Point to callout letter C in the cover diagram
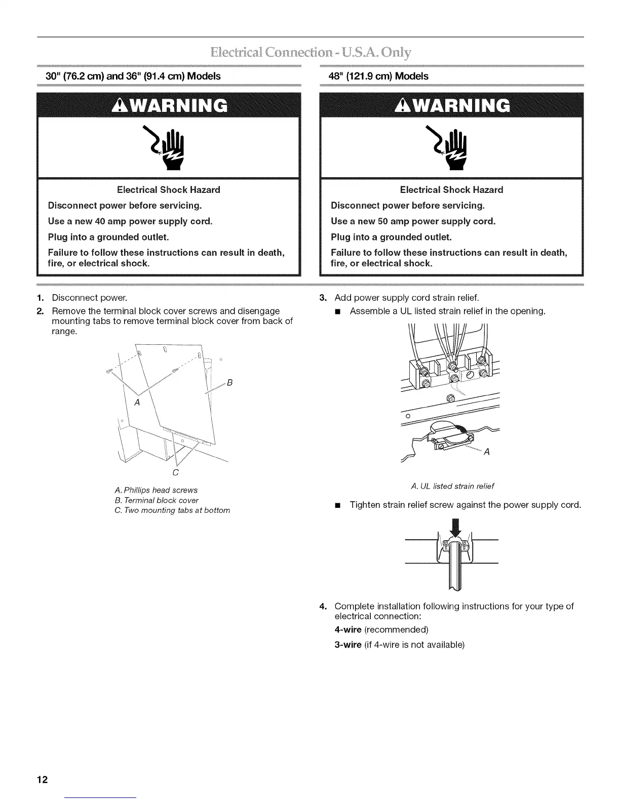coord(175,472)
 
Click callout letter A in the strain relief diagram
coord(487,452)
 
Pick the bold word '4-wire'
coord(348,629)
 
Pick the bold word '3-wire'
coord(348,645)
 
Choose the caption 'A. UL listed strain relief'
coord(452,486)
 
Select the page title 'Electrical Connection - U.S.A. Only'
coord(310,53)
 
